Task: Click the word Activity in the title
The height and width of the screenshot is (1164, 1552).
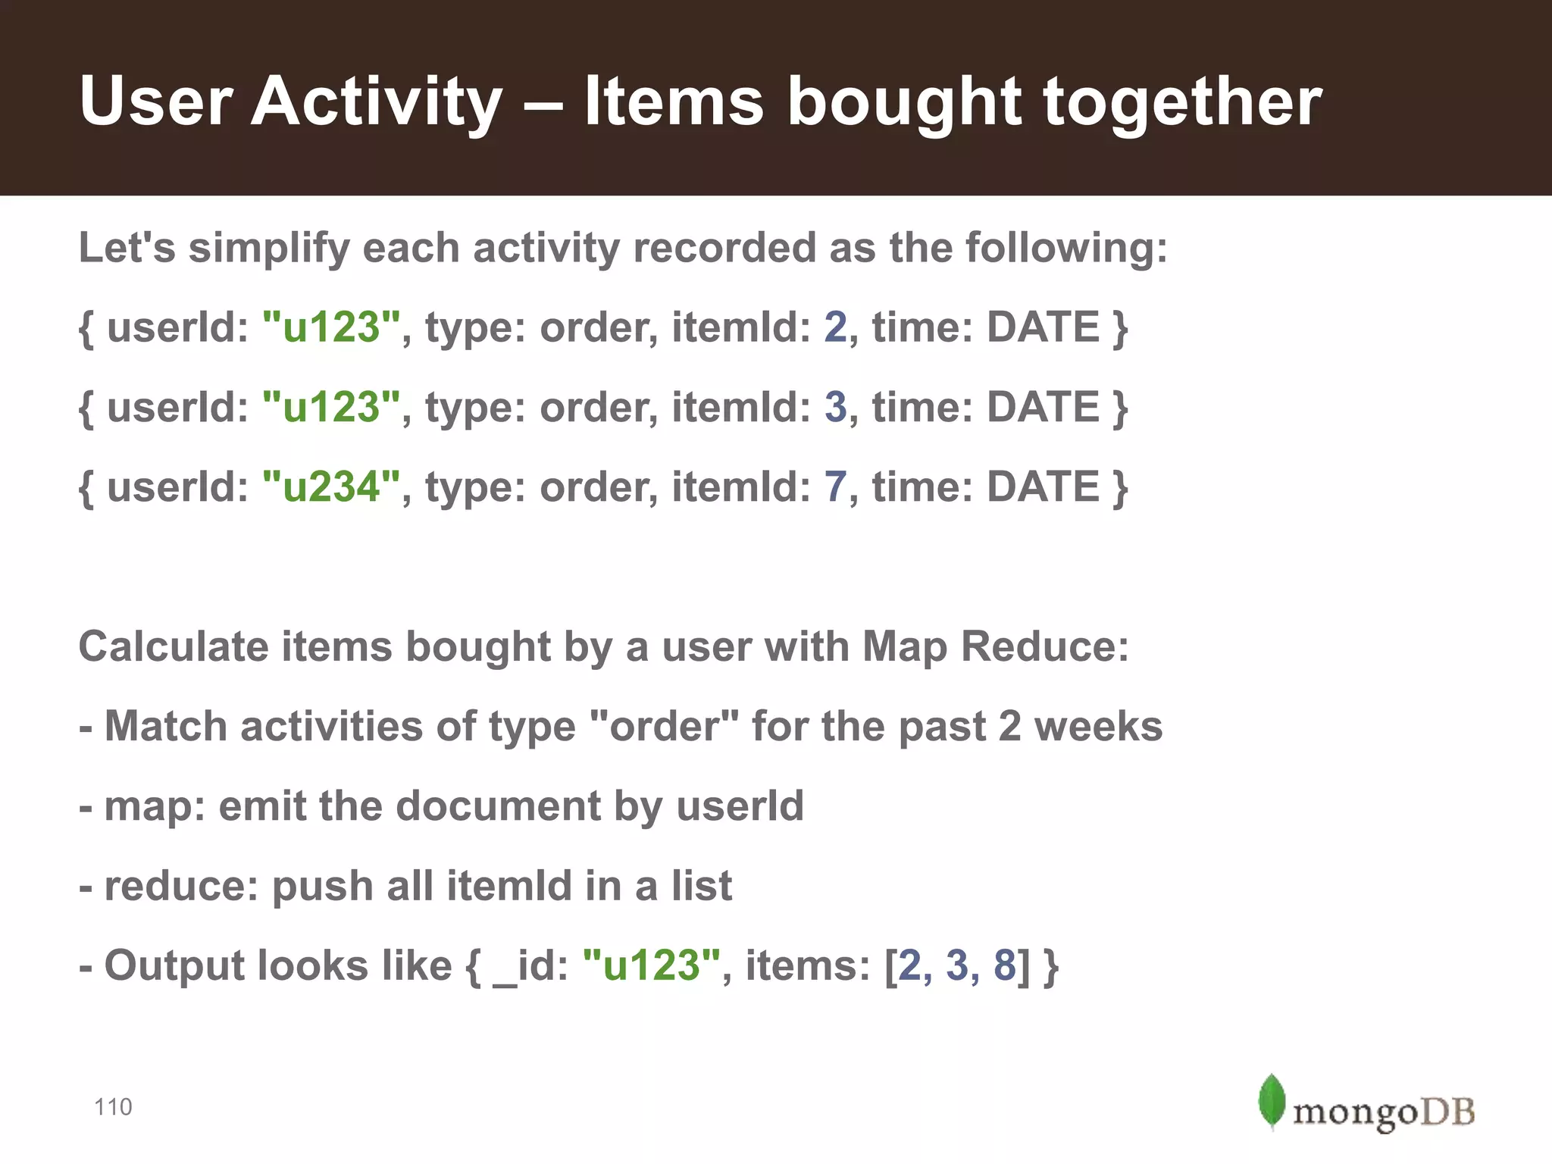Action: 377,102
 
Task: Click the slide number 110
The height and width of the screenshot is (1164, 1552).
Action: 113,1107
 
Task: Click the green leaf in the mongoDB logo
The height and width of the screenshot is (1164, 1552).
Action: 1271,1101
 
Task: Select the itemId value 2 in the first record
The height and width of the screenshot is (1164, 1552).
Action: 835,327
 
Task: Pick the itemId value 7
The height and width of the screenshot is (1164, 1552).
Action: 835,487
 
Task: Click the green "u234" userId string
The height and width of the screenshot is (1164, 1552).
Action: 331,487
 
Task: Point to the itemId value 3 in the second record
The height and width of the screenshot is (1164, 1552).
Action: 835,407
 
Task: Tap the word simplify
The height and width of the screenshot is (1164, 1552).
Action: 269,249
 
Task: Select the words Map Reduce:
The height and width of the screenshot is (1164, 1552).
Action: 996,646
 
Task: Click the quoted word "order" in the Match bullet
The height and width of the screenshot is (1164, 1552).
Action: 664,727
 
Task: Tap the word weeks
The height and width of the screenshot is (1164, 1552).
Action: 1098,727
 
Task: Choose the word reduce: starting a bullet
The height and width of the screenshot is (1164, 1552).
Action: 181,886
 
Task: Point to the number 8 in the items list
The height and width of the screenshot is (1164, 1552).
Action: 1004,965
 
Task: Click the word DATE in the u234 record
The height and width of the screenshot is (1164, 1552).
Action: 1043,487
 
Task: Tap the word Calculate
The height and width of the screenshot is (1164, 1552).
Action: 174,646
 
